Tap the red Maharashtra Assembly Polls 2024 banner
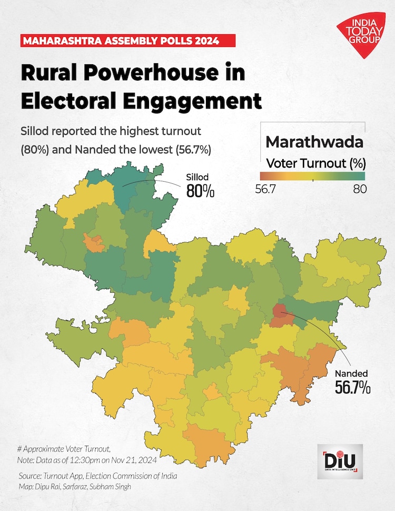coord(120,40)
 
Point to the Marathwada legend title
coord(314,142)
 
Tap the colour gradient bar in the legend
coord(312,176)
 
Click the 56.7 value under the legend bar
coord(266,190)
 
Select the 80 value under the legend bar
coord(360,190)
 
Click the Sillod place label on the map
coord(198,177)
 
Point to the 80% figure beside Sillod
coord(201,191)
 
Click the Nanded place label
coord(351,374)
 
